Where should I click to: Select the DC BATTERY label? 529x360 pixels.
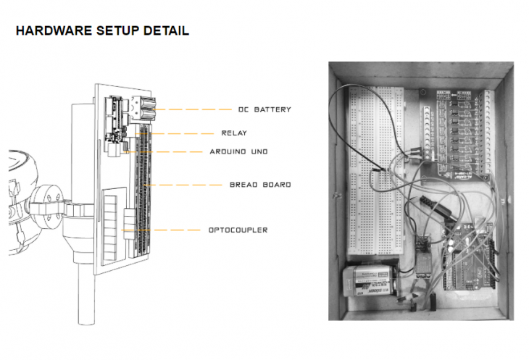[264, 109]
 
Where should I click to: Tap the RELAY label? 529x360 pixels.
[234, 133]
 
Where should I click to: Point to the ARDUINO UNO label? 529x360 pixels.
[238, 152]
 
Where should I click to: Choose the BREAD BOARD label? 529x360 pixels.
[260, 185]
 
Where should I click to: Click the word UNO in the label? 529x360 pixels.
[259, 152]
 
